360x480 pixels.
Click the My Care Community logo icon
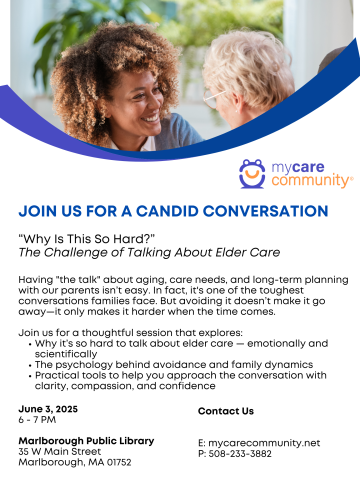252,173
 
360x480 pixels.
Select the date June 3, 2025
48,410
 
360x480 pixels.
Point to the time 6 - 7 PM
38,421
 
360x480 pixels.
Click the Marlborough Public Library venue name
86,440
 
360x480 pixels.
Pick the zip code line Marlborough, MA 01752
74,462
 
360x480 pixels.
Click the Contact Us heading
226,410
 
